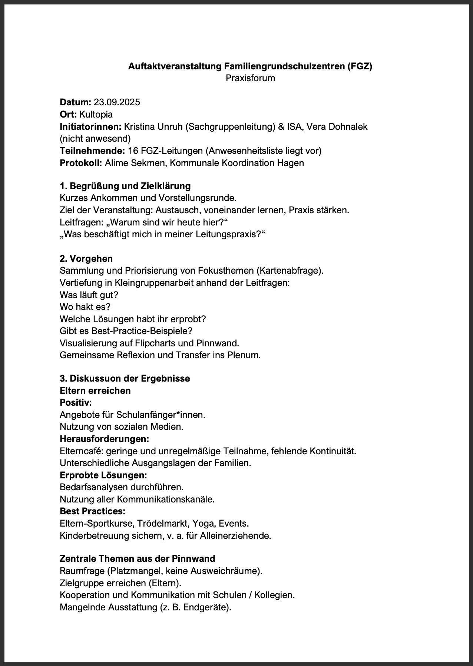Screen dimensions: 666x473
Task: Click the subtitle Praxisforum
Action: (x=250, y=78)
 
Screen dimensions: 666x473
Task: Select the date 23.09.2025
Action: (x=117, y=102)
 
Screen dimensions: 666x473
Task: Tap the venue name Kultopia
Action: (x=96, y=114)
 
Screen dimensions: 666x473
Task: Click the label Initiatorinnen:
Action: (x=90, y=126)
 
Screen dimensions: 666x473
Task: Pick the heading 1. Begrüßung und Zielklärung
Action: (x=125, y=186)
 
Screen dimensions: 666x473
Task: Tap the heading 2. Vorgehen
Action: (x=86, y=258)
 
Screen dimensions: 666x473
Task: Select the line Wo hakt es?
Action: (x=85, y=307)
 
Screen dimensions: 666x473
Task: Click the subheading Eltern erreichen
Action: (x=95, y=391)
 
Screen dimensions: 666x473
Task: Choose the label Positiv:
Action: (x=76, y=403)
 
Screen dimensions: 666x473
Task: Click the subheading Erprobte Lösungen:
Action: (x=103, y=475)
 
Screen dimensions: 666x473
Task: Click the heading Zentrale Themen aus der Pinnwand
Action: (x=138, y=558)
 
